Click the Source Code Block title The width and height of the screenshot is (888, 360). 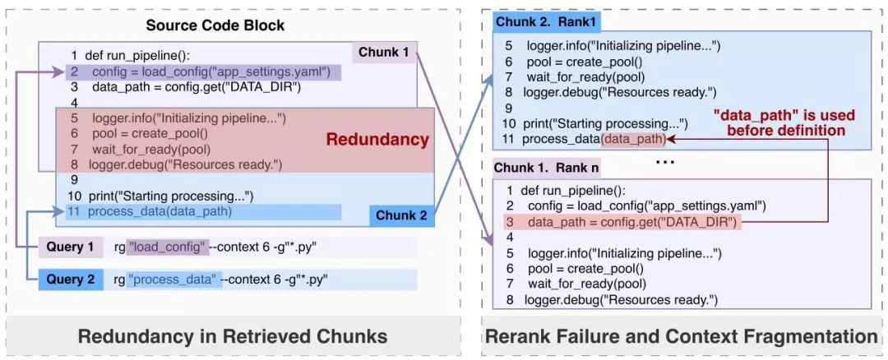pyautogui.click(x=215, y=25)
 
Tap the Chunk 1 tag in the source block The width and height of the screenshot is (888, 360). pyautogui.click(x=383, y=53)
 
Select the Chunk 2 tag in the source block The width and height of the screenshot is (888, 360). pyautogui.click(x=401, y=215)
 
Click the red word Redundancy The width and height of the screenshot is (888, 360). pyautogui.click(x=377, y=140)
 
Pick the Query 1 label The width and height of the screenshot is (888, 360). pyautogui.click(x=70, y=247)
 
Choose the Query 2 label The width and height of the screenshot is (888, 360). pyautogui.click(x=70, y=279)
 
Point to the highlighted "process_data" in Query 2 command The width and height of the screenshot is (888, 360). pyautogui.click(x=173, y=280)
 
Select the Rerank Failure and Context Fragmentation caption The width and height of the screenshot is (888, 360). pyautogui.click(x=682, y=335)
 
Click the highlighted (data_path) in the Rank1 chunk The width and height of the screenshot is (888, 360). pyautogui.click(x=634, y=139)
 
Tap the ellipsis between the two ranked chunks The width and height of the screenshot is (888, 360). pyautogui.click(x=665, y=161)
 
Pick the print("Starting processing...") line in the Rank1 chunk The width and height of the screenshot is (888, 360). pyautogui.click(x=596, y=123)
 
